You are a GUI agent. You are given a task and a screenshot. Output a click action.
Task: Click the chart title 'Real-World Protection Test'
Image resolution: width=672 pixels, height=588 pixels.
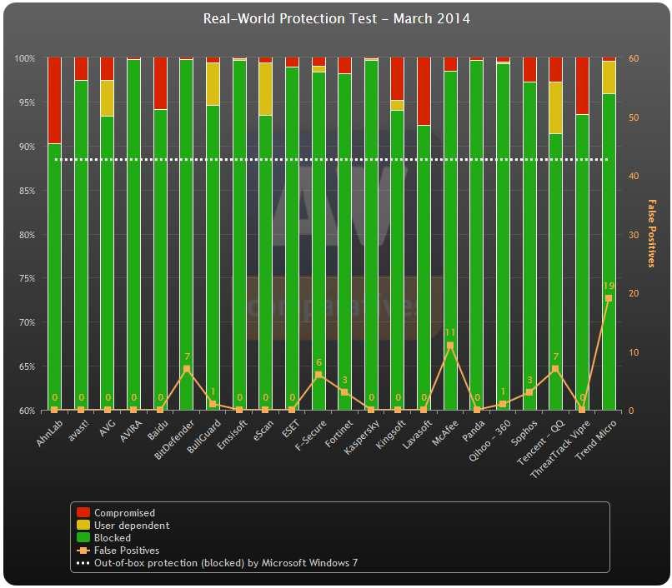click(x=336, y=17)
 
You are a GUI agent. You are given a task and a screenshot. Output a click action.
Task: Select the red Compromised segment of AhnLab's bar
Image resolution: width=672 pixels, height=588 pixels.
click(x=54, y=100)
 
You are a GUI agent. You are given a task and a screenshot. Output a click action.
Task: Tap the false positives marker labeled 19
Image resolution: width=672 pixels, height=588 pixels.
click(x=609, y=298)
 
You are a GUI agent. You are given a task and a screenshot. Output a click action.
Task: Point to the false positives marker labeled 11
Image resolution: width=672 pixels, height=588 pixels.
click(x=450, y=345)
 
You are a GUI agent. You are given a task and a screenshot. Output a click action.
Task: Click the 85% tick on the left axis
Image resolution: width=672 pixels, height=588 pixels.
click(x=25, y=191)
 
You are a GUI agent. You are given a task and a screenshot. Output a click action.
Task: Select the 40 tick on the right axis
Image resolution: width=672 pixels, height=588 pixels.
click(x=634, y=176)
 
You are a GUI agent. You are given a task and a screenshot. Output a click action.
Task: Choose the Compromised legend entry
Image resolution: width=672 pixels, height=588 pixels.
click(x=124, y=513)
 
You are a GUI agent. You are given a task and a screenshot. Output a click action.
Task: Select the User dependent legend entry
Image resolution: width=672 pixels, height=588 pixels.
click(x=132, y=526)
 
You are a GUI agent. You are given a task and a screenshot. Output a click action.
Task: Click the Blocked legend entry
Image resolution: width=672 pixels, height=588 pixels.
click(x=113, y=538)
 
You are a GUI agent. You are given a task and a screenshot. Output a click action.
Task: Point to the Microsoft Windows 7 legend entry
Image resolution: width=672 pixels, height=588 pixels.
click(x=225, y=563)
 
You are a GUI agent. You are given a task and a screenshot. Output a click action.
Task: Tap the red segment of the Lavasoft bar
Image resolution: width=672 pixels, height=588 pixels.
click(x=424, y=92)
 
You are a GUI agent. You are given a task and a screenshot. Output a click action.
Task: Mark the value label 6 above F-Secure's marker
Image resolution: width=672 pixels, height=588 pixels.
click(x=318, y=363)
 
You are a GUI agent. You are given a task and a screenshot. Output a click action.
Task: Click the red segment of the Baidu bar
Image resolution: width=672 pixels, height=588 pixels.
click(x=160, y=83)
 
